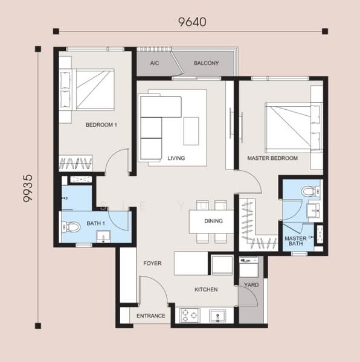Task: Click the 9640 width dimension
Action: (x=192, y=22)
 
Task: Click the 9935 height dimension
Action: (x=28, y=188)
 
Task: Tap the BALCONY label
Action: (x=206, y=63)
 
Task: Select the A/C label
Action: (x=155, y=63)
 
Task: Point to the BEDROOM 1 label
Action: (x=101, y=125)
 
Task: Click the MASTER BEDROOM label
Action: (x=272, y=158)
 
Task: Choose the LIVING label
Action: (x=176, y=158)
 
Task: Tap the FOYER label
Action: (x=152, y=263)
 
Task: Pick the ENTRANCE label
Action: (x=150, y=316)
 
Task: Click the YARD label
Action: (x=251, y=285)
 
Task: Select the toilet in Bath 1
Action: (x=71, y=227)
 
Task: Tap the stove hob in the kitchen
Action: (x=190, y=315)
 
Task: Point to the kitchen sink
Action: (x=217, y=316)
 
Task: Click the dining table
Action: (x=211, y=221)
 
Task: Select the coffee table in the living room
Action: (x=191, y=131)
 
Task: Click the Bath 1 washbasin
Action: (x=103, y=237)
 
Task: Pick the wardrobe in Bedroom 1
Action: (x=76, y=163)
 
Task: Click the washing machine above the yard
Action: (x=249, y=267)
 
